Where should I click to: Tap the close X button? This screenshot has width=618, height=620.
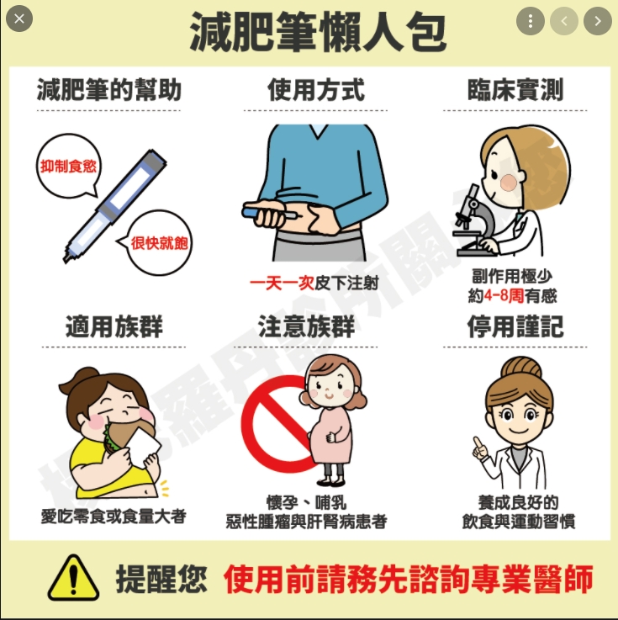[18, 18]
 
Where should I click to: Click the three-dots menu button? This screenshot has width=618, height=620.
[530, 20]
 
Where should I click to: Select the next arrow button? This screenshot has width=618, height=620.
[597, 20]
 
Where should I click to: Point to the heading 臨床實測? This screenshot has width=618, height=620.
[515, 89]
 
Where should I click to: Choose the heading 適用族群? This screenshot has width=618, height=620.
[114, 326]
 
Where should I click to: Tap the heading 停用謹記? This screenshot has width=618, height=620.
[515, 326]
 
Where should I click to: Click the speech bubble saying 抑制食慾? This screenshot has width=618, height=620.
[67, 166]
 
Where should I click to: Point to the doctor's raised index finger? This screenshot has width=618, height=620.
[476, 442]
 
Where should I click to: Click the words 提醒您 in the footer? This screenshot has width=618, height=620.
[161, 579]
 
